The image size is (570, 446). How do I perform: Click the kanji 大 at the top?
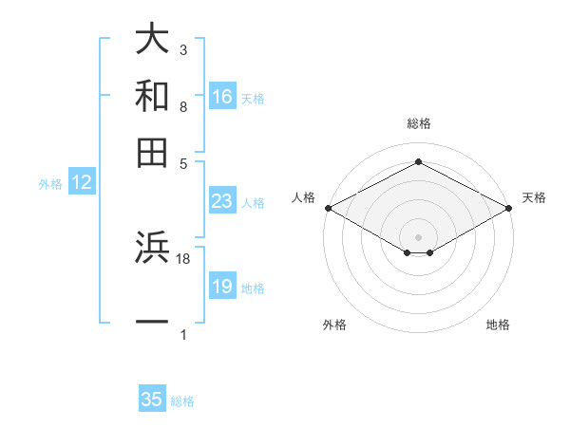pos(153,40)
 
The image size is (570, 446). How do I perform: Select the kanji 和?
pos(153,96)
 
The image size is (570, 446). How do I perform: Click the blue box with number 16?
pos(222,97)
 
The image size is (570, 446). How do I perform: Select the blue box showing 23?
pos(222,201)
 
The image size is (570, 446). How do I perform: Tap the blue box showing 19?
pos(222,287)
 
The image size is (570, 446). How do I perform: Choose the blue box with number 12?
pos(82,183)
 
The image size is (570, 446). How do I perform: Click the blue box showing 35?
pos(152,400)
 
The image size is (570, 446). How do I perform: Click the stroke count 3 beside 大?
pos(183,49)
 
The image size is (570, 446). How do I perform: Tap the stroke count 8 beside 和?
pos(183,106)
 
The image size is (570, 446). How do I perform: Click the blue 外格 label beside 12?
pos(50,184)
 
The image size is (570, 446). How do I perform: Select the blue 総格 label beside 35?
pos(182,401)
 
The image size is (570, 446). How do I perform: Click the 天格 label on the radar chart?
pos(534,197)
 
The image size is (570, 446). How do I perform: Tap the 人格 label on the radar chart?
pos(303,197)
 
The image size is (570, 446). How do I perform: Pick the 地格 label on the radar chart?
pos(498,325)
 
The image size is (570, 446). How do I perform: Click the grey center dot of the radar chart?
pos(418,236)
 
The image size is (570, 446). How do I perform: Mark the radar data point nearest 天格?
pos(509,208)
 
